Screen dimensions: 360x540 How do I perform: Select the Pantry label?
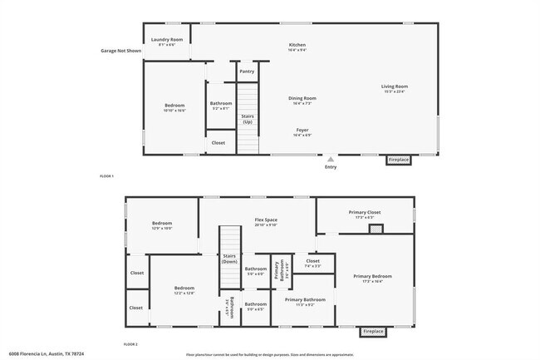click(x=247, y=72)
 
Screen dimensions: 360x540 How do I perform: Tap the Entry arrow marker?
click(x=331, y=159)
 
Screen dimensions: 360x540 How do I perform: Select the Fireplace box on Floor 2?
click(x=373, y=331)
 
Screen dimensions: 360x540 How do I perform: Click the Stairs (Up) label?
click(x=247, y=119)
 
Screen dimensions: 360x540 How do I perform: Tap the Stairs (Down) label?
click(x=229, y=259)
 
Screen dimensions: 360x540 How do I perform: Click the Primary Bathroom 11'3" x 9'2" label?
click(x=305, y=301)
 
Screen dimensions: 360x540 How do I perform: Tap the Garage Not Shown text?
click(x=121, y=51)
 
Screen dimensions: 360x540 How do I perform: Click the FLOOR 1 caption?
click(x=106, y=176)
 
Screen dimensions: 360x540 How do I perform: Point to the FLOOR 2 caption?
click(x=130, y=343)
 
